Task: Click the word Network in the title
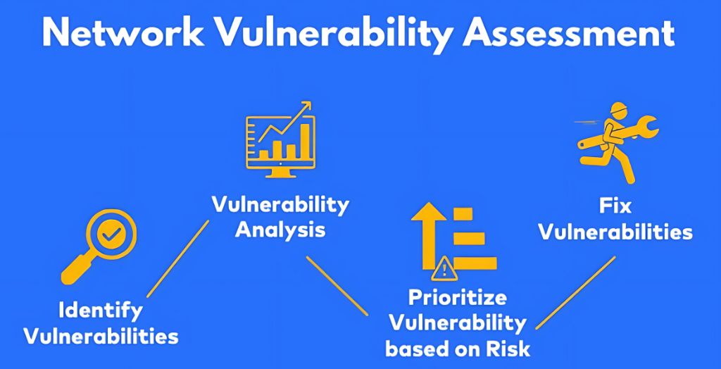point(123,32)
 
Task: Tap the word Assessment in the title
point(568,32)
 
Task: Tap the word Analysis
point(280,230)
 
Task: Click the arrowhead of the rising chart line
point(304,106)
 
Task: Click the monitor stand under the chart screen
point(280,173)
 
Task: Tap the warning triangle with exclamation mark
point(444,269)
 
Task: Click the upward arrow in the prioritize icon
point(429,235)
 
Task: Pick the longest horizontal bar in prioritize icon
point(475,263)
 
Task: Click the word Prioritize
point(458,298)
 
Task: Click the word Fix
point(615,206)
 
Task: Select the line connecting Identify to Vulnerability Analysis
point(177,258)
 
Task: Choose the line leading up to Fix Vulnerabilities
point(575,293)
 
